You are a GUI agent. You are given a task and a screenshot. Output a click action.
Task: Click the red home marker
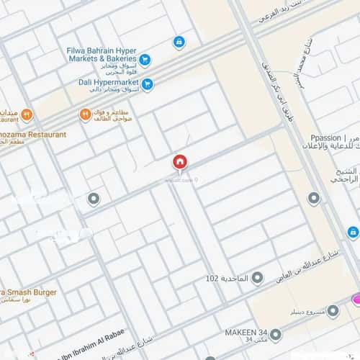pyautogui.click(x=179, y=163)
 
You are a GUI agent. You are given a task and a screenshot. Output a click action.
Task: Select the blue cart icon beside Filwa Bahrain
pyautogui.click(x=145, y=60)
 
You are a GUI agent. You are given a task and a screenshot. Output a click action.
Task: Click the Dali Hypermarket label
pyautogui.click(x=109, y=83)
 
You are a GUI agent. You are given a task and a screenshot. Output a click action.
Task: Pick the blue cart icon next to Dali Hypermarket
pyautogui.click(x=148, y=84)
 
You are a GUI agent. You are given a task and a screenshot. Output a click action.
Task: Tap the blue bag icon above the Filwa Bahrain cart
pyautogui.click(x=178, y=42)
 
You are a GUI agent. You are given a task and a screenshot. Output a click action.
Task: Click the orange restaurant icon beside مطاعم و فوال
pyautogui.click(x=85, y=114)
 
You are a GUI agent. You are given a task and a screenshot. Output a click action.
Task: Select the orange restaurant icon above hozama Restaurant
pyautogui.click(x=27, y=114)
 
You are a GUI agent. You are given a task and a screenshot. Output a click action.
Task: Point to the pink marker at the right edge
pyautogui.click(x=356, y=299)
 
